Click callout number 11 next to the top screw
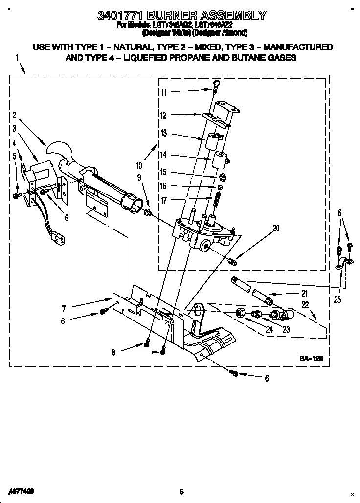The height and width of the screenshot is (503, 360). click(x=163, y=92)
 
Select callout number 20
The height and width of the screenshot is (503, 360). click(x=276, y=228)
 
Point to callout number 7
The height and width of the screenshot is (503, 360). click(x=64, y=309)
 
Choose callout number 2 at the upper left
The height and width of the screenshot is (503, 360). click(x=14, y=116)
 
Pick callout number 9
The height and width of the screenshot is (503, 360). click(x=139, y=177)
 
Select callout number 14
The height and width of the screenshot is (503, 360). click(x=163, y=155)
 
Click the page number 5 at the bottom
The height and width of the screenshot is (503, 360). click(x=181, y=492)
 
